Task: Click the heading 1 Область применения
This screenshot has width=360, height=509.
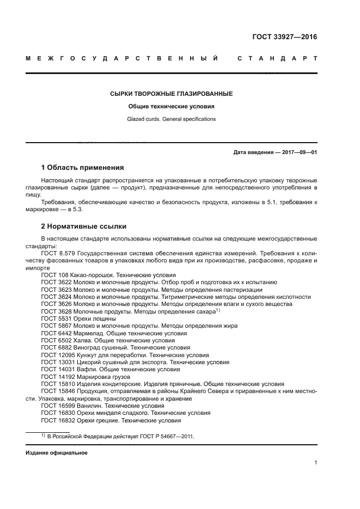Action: [83, 167]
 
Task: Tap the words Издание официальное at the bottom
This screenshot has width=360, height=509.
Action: [56, 453]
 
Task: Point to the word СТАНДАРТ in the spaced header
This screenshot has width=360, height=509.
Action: [277, 58]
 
